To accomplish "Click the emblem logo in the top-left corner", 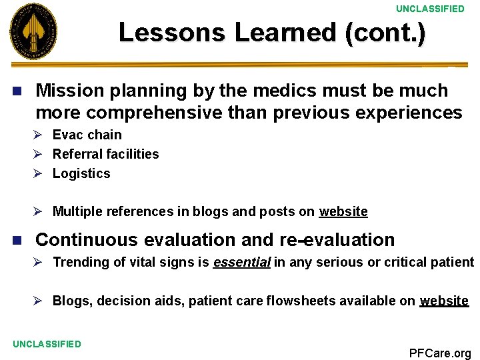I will [x=33, y=31].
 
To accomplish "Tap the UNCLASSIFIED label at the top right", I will [x=430, y=9].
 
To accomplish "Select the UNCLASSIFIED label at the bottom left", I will [x=47, y=344].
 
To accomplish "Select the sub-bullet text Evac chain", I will [x=87, y=135].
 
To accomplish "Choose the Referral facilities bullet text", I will [x=105, y=154].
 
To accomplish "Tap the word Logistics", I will [x=81, y=173].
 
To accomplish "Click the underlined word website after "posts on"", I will [x=343, y=211].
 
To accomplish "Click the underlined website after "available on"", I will [x=444, y=301].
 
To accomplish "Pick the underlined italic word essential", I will [x=241, y=262].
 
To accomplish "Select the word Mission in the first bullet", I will [x=65, y=90].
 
